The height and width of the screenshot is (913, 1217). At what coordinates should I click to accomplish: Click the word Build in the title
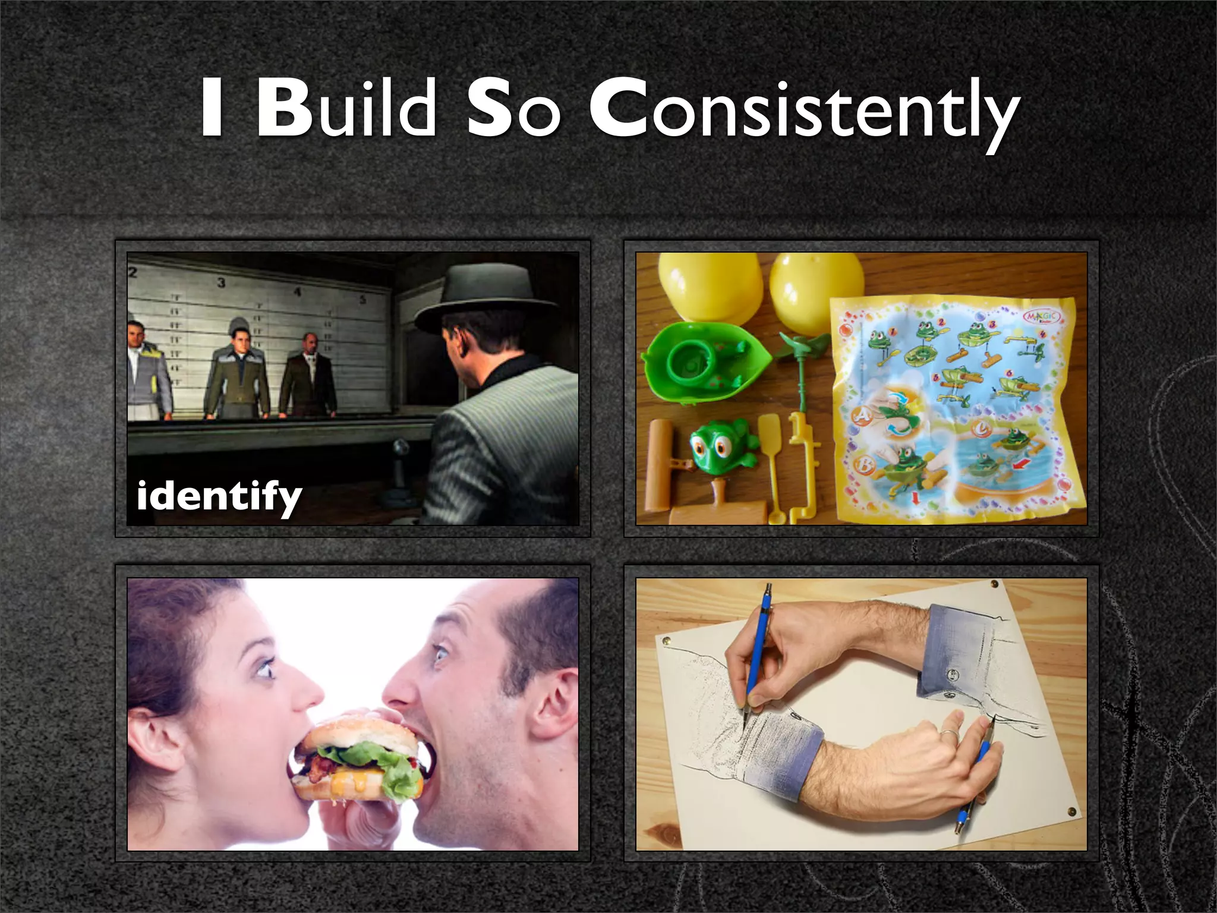[346, 109]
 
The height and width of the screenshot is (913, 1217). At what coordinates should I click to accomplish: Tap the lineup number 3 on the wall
[221, 282]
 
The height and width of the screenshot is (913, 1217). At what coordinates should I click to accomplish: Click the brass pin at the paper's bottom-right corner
[1071, 810]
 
